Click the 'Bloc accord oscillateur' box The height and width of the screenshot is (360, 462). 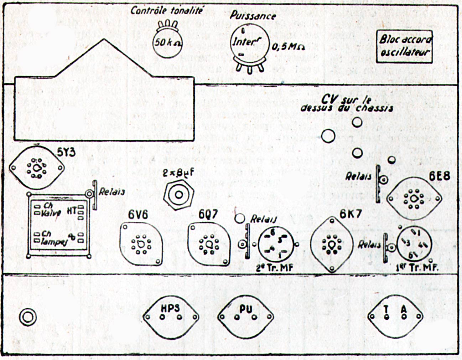(x=405, y=46)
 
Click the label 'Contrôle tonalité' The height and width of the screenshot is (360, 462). (x=167, y=11)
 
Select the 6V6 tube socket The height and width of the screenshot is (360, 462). (x=141, y=243)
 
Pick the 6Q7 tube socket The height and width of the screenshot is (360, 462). (x=209, y=244)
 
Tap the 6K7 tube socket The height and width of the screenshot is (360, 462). (x=332, y=245)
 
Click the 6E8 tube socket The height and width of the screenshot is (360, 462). (x=414, y=198)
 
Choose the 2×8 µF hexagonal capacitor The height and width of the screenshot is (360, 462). (x=178, y=195)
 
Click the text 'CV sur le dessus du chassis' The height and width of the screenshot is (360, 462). (x=347, y=104)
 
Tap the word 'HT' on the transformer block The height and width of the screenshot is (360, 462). (x=72, y=211)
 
